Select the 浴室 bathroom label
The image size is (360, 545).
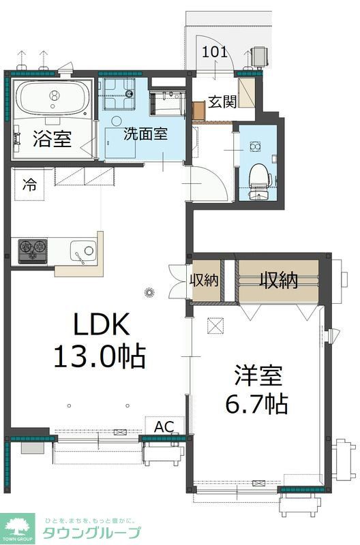pyautogui.click(x=51, y=140)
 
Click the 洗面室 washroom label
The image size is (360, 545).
pyautogui.click(x=145, y=134)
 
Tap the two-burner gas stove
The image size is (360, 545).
pyautogui.click(x=32, y=250)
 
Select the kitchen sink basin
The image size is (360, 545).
pyautogui.click(x=82, y=251)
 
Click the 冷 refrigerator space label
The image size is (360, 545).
pyautogui.click(x=30, y=184)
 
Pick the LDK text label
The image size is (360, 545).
pyautogui.click(x=101, y=326)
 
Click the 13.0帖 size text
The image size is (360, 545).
pyautogui.click(x=101, y=356)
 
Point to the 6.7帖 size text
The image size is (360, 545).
pyautogui.click(x=257, y=404)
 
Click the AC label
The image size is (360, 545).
pyautogui.click(x=164, y=426)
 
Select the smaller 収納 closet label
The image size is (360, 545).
pyautogui.click(x=205, y=280)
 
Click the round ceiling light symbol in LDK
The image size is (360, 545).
pyautogui.click(x=150, y=294)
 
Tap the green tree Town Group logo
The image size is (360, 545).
pyautogui.click(x=19, y=525)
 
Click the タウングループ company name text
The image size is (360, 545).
pyautogui.click(x=93, y=533)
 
